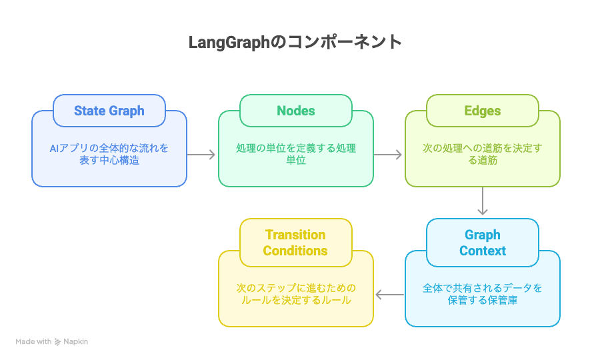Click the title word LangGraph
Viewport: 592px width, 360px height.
(x=227, y=42)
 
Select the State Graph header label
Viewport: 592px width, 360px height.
(x=109, y=111)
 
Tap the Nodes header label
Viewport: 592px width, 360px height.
(x=296, y=111)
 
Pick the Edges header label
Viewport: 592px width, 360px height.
(x=483, y=111)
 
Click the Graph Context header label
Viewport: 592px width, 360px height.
(x=483, y=243)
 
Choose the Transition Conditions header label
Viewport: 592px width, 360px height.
(x=295, y=243)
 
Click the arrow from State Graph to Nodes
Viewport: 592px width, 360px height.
(x=202, y=155)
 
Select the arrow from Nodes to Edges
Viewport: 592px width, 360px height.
(x=389, y=155)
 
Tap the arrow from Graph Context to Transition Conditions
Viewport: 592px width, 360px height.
(x=389, y=294)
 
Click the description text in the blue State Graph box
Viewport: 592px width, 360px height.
(x=109, y=154)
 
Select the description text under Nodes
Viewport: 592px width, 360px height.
(x=296, y=154)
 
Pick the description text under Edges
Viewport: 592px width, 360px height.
(x=483, y=154)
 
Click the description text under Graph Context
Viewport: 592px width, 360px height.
(x=483, y=294)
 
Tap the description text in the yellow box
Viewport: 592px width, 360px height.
(x=296, y=294)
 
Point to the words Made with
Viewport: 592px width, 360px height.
(x=33, y=342)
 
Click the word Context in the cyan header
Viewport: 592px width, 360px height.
(x=483, y=251)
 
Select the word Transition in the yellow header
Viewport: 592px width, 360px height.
(x=295, y=235)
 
